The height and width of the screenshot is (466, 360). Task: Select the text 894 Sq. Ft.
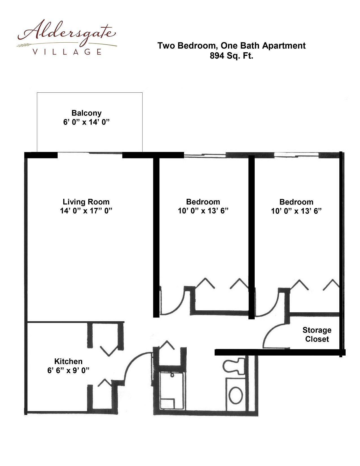231,56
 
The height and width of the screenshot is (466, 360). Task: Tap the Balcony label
86,113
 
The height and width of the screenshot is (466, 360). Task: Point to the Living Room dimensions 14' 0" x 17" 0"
86,211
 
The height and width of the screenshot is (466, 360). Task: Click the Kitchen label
68,361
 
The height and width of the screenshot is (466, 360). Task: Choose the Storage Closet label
317,334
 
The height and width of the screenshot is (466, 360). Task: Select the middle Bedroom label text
203,202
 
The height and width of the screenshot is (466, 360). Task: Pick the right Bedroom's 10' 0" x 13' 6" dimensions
296,211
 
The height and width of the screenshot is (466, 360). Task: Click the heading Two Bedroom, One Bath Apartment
231,46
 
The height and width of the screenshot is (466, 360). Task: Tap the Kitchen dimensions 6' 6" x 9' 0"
68,370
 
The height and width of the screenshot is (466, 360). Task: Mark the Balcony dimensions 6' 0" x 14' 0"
86,122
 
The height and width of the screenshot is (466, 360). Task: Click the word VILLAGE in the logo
67,52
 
